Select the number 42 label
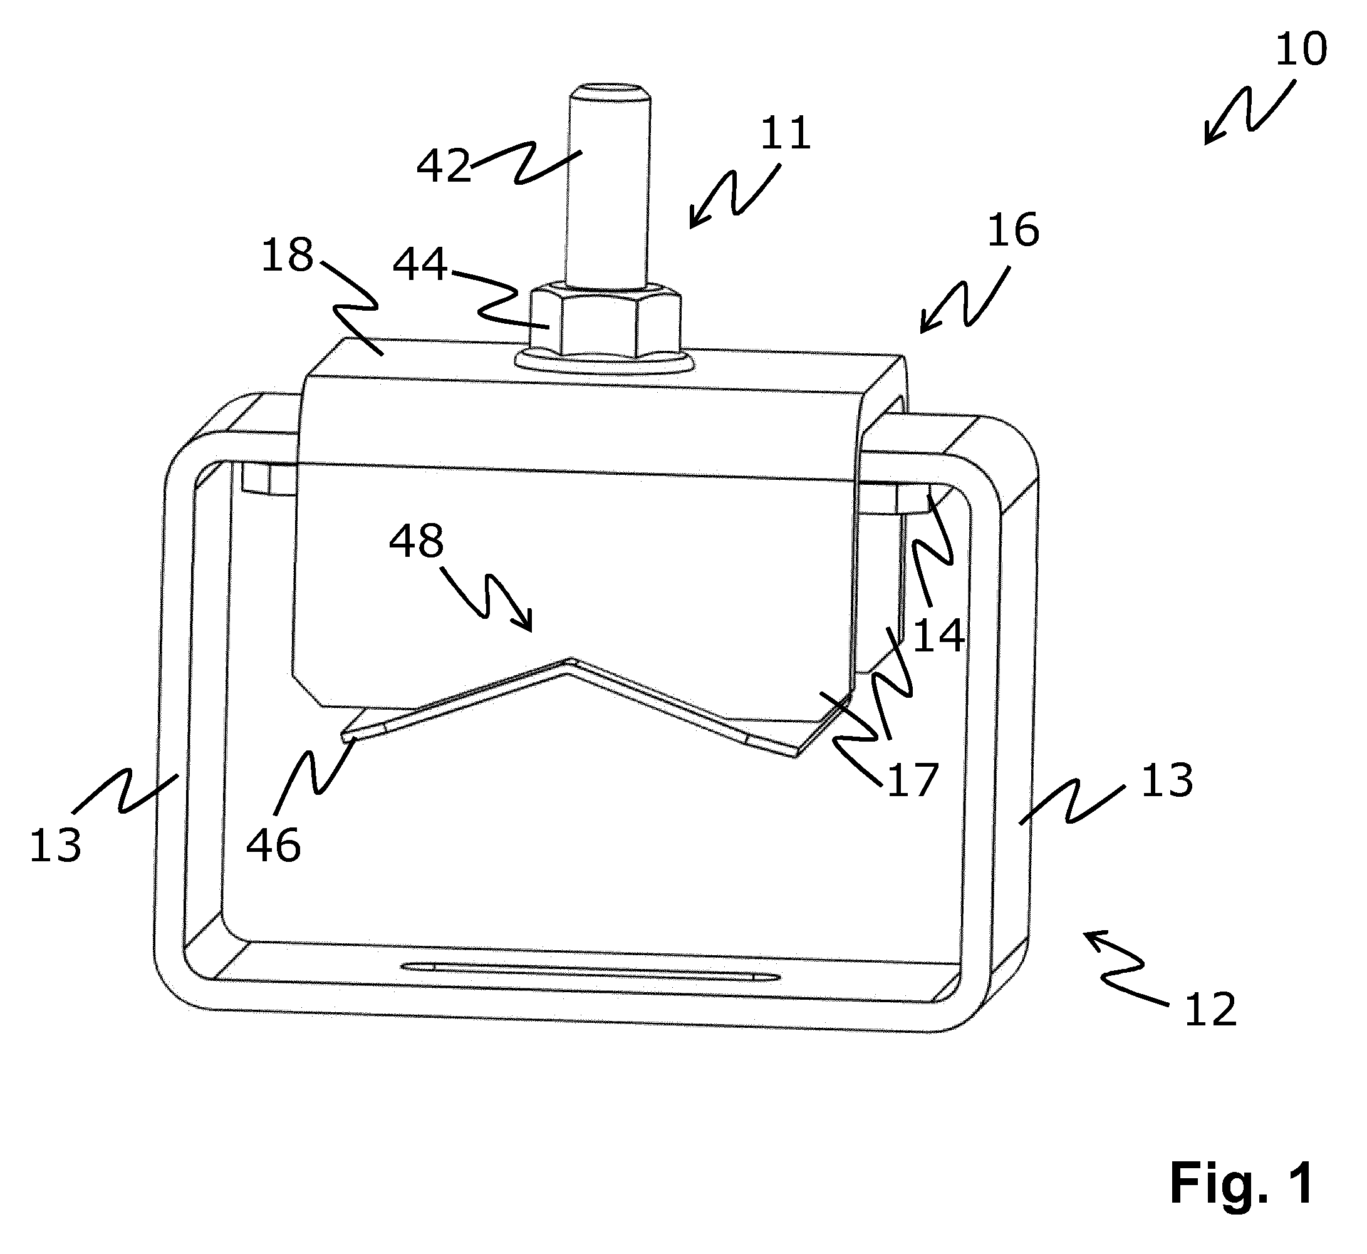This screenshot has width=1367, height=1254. coord(443,165)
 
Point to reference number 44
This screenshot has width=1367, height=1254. coord(420,264)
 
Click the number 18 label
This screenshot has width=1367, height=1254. coord(287,256)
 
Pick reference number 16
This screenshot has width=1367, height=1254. coord(1012,230)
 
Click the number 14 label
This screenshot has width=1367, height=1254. coord(938,636)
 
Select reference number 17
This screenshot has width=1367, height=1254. coord(912,780)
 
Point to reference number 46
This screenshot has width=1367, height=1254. coord(273,846)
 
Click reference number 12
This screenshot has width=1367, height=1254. coord(1210,1011)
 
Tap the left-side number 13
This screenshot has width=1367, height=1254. coord(55,846)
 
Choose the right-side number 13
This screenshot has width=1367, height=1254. coord(1167,780)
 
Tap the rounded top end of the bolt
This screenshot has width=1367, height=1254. coord(609,91)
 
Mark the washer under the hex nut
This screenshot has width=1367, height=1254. coord(604,361)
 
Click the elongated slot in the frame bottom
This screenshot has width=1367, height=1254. coord(591,971)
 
